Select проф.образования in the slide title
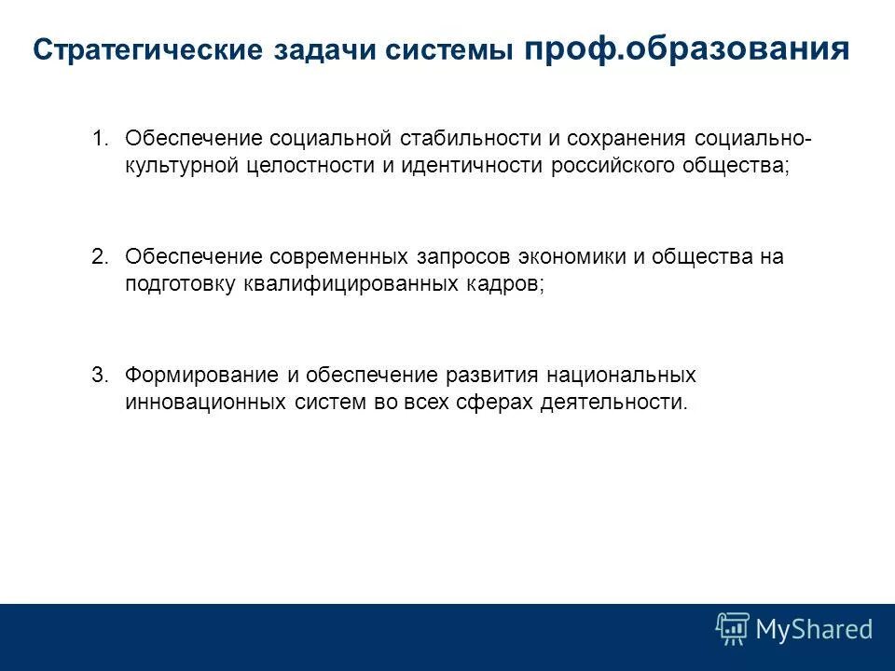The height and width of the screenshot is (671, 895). (687, 48)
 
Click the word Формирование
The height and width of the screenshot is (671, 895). (202, 376)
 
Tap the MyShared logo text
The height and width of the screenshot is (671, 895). (814, 629)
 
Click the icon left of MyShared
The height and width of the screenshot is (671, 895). (733, 629)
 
